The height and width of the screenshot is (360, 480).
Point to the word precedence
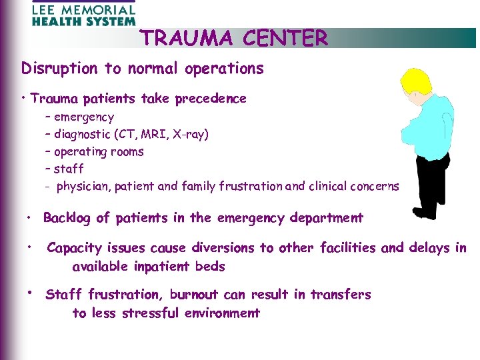point(210,99)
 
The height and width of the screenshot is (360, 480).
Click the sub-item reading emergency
point(84,117)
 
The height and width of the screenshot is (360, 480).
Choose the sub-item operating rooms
point(99,152)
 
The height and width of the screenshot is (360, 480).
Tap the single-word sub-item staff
point(69,169)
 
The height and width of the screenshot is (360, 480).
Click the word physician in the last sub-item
point(81,187)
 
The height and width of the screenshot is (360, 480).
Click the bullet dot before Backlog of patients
point(30,217)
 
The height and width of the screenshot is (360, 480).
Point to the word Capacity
point(74,248)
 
